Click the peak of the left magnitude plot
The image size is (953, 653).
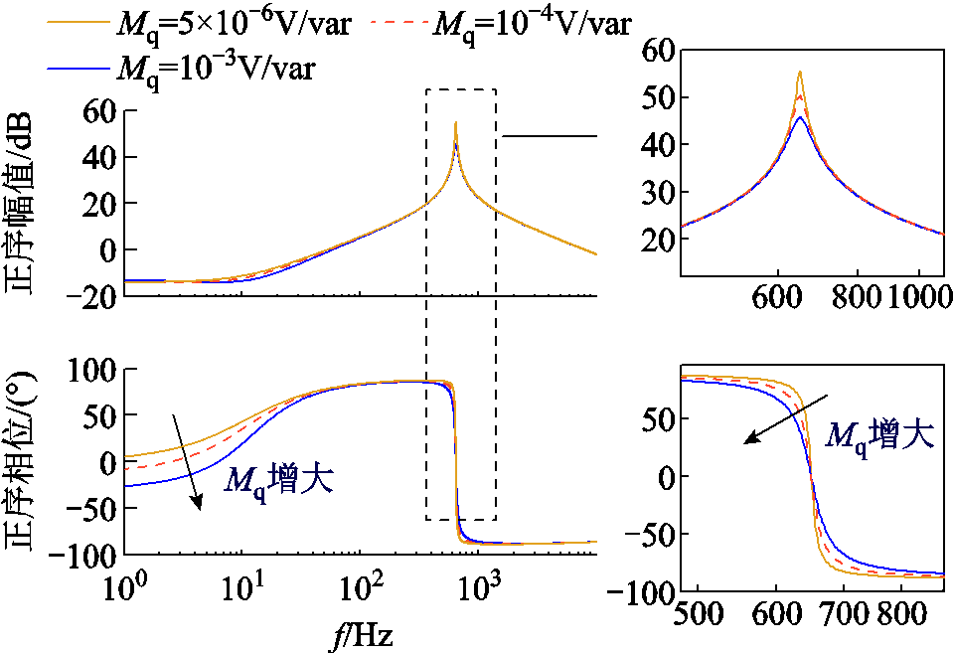click(x=455, y=122)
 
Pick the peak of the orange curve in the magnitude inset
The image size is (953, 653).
click(x=799, y=72)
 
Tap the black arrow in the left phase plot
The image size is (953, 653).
click(x=188, y=462)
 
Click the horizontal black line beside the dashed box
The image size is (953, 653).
click(x=549, y=136)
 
